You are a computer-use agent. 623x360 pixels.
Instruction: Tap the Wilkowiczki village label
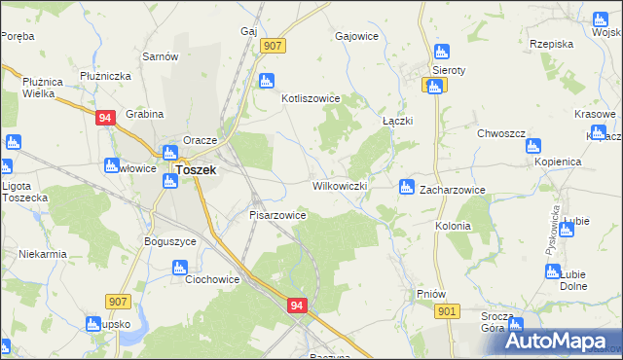[339, 185]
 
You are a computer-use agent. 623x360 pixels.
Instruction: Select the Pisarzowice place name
[278, 215]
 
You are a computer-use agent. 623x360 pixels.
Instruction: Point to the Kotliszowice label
[310, 98]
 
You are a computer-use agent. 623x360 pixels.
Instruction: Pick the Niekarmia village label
[42, 254]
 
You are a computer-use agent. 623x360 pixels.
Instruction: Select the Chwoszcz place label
[501, 132]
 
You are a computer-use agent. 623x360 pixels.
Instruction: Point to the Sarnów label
[159, 56]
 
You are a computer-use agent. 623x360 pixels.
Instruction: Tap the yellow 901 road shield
[447, 310]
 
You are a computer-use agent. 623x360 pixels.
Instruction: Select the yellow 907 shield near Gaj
[273, 46]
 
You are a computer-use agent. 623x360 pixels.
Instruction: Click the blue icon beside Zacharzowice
[406, 186]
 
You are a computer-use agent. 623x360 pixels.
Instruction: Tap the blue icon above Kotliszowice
[266, 81]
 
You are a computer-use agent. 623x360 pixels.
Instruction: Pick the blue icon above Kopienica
[532, 147]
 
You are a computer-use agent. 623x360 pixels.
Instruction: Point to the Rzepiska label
[551, 43]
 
